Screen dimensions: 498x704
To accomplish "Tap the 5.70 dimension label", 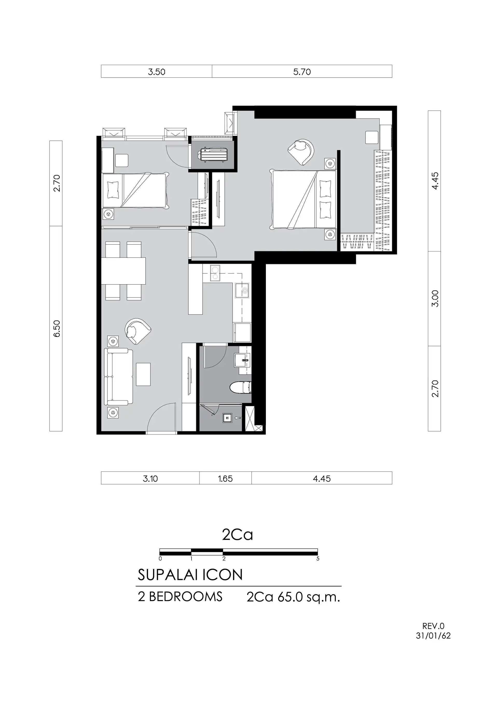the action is pyautogui.click(x=302, y=72).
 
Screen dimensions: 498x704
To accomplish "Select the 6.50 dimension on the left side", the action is pyautogui.click(x=57, y=329).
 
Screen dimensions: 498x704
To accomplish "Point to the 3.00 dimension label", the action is pyautogui.click(x=435, y=299).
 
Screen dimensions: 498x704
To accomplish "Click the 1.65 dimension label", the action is pyautogui.click(x=226, y=479).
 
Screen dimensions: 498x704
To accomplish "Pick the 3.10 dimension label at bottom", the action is pyautogui.click(x=150, y=479).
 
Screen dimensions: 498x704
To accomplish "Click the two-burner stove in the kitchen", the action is pyautogui.click(x=215, y=273).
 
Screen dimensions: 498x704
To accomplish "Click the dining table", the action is pyautogui.click(x=123, y=271).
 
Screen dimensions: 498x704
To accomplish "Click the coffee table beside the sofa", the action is pyautogui.click(x=143, y=374).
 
